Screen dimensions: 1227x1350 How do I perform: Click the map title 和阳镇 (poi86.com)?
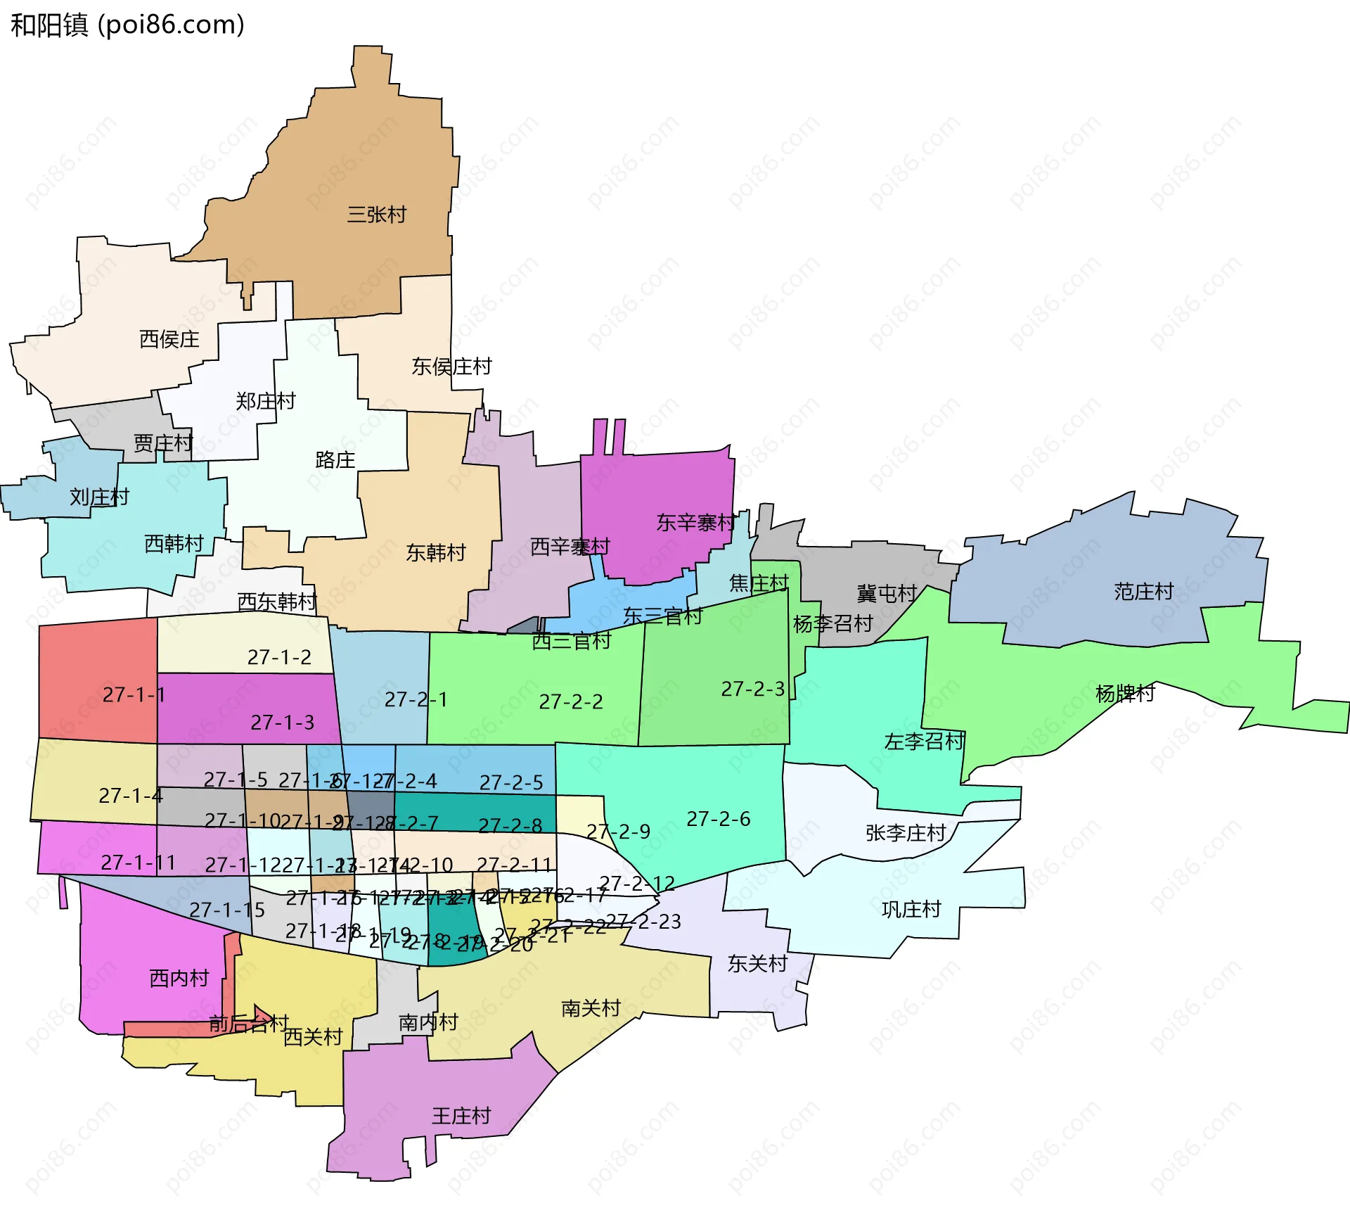127,25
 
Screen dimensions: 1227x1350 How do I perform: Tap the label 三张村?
377,215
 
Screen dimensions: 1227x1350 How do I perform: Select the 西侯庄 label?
169,339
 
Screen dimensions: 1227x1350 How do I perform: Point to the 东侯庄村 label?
451,367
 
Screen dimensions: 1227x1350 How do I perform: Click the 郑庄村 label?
266,401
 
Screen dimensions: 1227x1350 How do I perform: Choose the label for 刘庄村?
99,497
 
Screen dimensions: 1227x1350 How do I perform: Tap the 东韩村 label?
436,553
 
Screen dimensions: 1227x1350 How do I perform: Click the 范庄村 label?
1144,592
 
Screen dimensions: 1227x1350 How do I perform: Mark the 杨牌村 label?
1125,694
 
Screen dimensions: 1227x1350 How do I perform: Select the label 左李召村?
924,742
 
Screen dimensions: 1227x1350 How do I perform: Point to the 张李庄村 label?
906,833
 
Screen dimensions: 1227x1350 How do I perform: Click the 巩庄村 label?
911,910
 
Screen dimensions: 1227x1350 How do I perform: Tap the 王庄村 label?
461,1116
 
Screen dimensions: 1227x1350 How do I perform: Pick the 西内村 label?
179,978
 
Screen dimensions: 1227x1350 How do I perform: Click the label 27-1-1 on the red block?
134,695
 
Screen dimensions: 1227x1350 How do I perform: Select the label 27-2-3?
753,689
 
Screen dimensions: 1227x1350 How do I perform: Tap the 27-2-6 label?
719,819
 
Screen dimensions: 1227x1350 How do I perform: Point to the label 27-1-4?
131,796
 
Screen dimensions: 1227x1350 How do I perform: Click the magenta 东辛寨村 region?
654,492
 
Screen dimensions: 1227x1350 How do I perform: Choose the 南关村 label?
591,1009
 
